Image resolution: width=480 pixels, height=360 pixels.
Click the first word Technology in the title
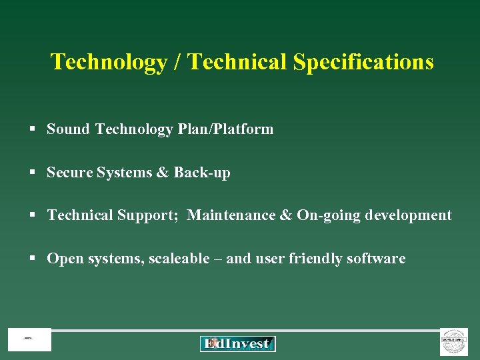pyautogui.click(x=109, y=62)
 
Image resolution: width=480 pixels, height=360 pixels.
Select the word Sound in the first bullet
pyautogui.click(x=68, y=129)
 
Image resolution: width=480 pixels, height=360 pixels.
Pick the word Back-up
pyautogui.click(x=202, y=173)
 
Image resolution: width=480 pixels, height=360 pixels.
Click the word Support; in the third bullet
pyautogui.click(x=151, y=215)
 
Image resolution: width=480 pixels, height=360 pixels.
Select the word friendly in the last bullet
pyautogui.click(x=315, y=259)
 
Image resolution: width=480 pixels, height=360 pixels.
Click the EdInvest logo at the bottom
pyautogui.click(x=237, y=344)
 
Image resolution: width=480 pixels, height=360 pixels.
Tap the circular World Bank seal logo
pyautogui.click(x=454, y=341)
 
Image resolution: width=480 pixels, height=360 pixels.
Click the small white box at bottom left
pyautogui.click(x=29, y=340)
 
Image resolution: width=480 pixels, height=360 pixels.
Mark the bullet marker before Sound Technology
pyautogui.click(x=32, y=129)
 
